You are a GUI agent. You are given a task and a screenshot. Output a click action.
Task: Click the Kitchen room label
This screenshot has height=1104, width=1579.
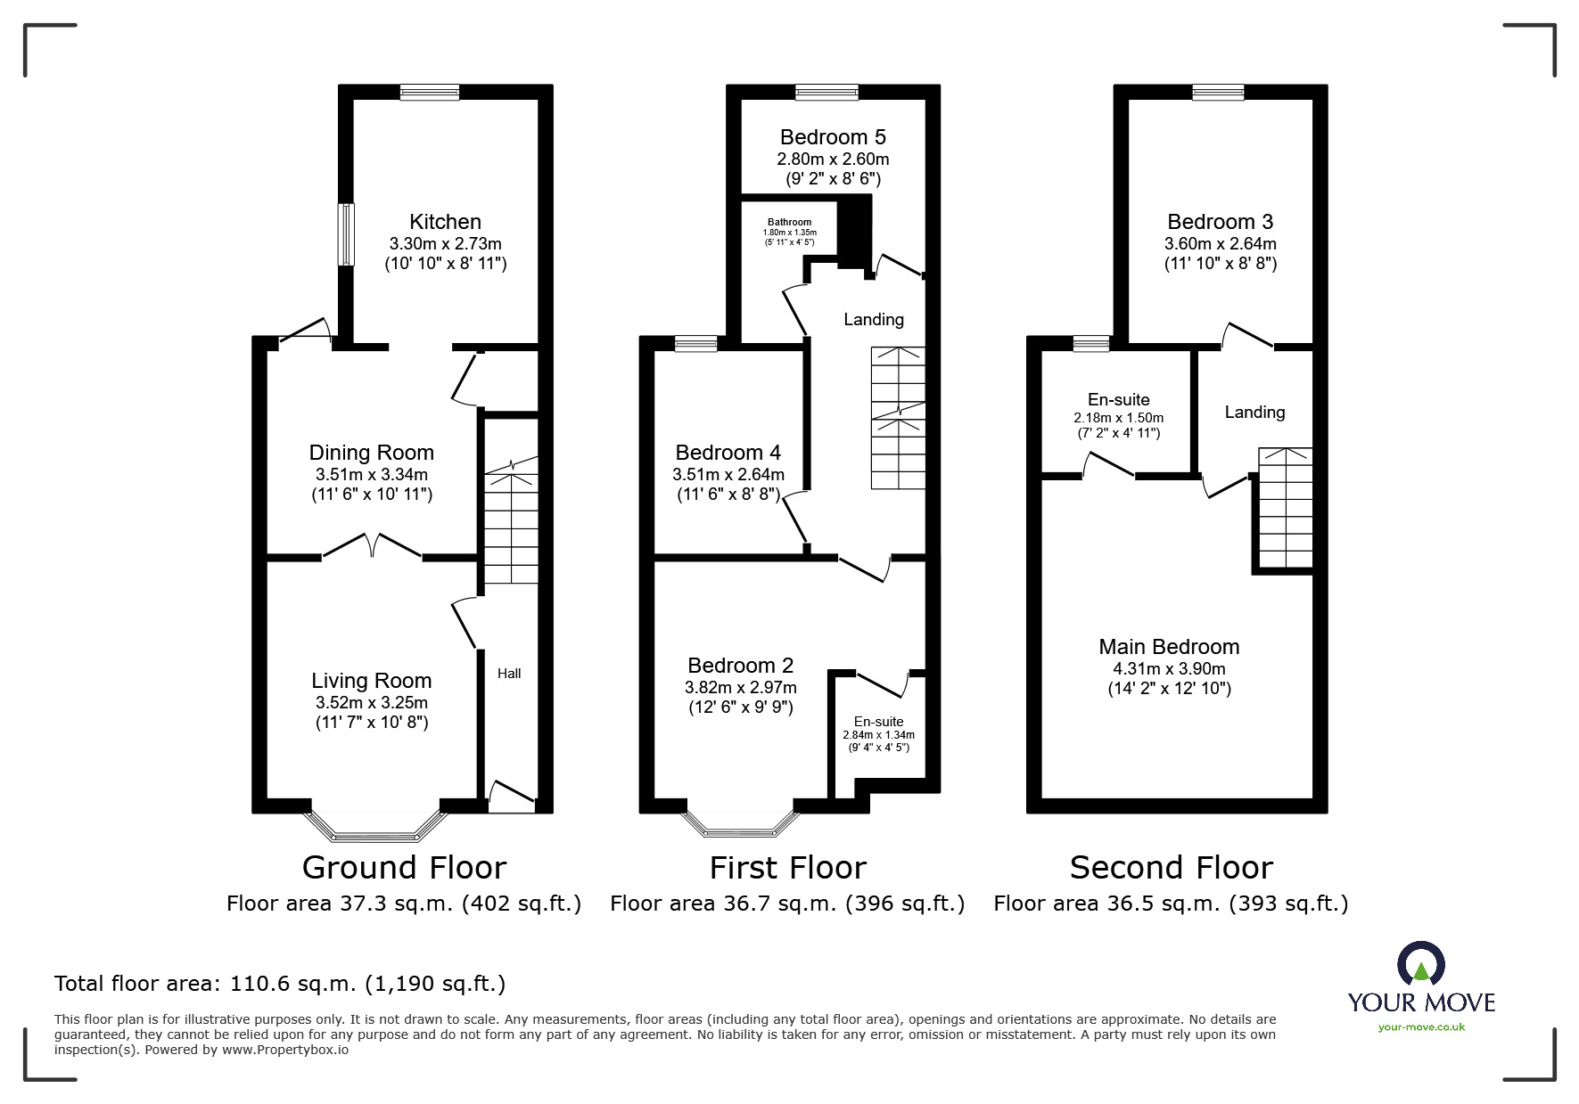(445, 222)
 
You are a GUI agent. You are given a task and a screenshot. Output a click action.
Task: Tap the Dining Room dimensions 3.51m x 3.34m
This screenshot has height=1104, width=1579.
(371, 474)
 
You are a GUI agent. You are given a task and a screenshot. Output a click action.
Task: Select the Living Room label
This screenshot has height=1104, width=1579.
(371, 681)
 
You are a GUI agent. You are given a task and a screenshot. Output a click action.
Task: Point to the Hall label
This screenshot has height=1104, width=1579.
(509, 674)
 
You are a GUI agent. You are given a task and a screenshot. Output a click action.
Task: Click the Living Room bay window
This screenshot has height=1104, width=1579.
(374, 825)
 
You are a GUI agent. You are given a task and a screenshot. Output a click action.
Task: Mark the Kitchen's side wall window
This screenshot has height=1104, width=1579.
(346, 234)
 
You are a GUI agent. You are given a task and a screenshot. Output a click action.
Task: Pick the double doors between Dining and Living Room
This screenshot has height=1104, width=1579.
(372, 545)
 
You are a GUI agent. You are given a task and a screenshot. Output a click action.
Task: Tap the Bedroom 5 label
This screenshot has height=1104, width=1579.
(833, 137)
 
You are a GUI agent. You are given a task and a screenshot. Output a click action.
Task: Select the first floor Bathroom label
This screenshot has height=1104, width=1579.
(790, 223)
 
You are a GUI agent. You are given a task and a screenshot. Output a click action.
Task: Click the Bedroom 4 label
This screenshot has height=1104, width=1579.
(728, 453)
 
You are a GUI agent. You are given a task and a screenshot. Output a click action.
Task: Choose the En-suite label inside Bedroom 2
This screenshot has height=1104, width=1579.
(879, 722)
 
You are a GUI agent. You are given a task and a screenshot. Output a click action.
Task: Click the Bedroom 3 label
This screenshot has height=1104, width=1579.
(1220, 222)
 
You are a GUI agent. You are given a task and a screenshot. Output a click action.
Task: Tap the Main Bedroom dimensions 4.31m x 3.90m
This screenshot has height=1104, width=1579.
(1169, 668)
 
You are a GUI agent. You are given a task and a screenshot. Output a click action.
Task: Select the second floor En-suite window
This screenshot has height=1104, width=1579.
(1091, 343)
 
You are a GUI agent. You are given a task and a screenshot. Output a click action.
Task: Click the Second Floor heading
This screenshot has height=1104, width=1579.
(1171, 867)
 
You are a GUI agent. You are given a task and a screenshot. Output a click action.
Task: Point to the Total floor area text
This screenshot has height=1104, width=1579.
(280, 984)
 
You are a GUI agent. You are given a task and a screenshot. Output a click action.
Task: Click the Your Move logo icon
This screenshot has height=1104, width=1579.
(1420, 965)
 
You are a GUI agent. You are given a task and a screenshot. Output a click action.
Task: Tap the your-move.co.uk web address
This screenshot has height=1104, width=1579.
(1421, 1027)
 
